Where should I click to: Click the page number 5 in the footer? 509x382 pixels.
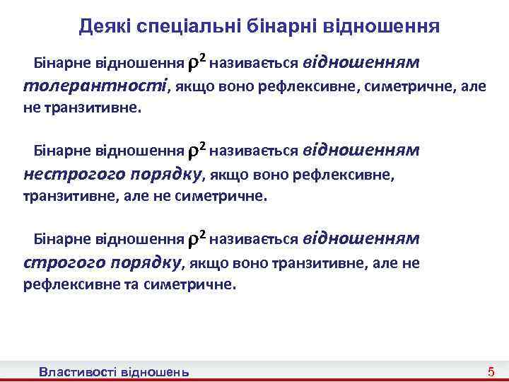coord(491,371)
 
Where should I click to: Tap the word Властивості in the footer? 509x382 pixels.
coord(79,371)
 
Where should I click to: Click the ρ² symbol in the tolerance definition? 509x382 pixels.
coord(197,62)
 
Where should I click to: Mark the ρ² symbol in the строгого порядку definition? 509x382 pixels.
coord(197,239)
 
